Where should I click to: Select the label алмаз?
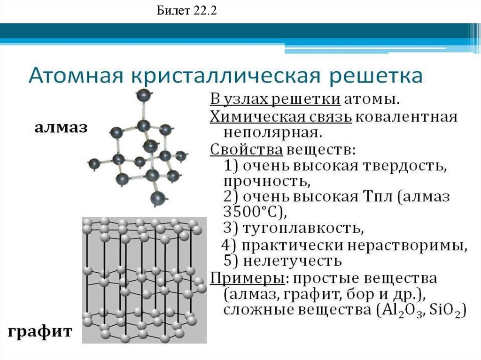(60, 127)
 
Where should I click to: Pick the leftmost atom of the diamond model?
(94, 164)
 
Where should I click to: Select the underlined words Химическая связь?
(280, 116)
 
